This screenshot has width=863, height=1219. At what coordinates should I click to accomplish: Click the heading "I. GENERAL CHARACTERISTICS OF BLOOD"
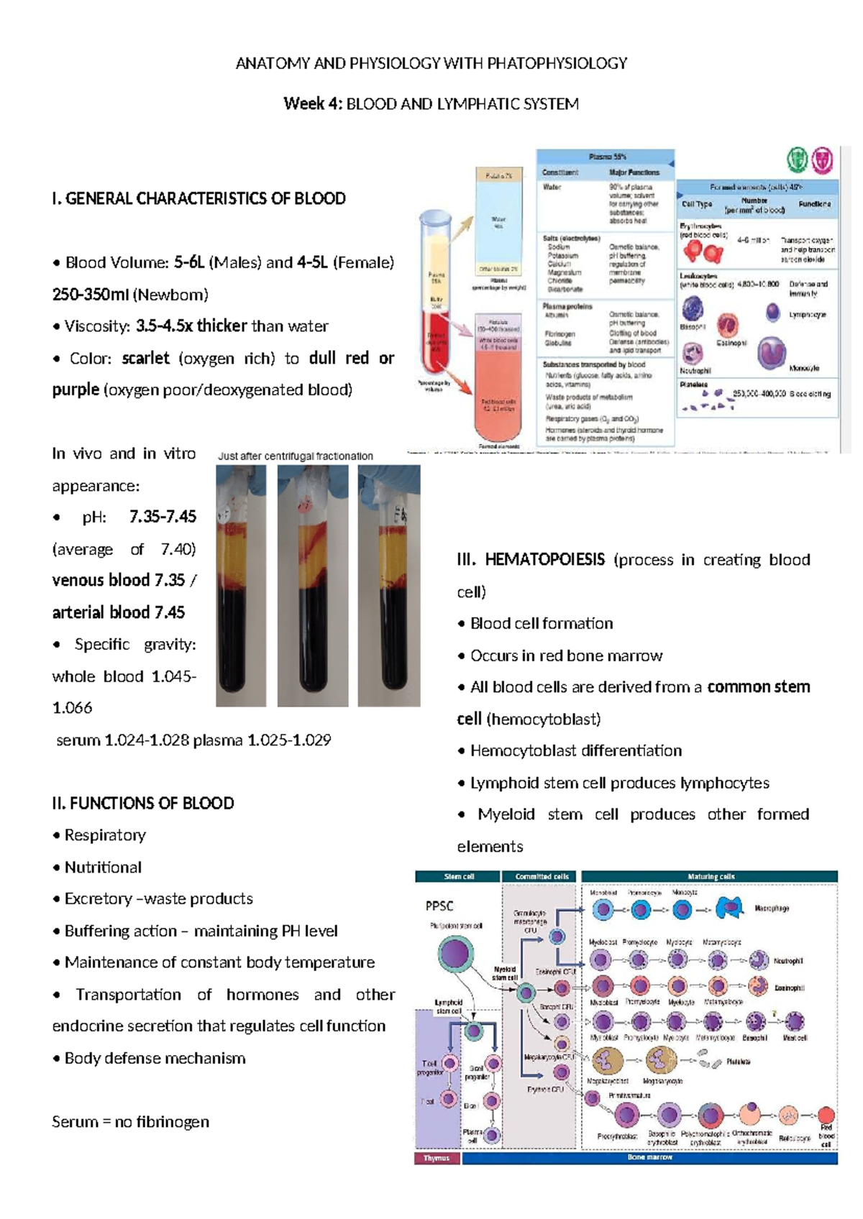point(198,199)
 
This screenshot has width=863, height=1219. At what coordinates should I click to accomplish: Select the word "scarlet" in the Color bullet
point(145,359)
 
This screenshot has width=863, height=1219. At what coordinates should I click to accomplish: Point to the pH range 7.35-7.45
point(163,517)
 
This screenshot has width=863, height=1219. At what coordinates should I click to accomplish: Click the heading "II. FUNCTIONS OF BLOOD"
point(142,804)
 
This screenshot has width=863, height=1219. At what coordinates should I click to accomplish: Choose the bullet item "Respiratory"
point(105,835)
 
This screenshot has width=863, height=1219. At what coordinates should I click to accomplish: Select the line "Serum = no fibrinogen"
point(130,1122)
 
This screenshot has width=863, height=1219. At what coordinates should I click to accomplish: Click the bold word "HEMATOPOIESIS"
point(544,560)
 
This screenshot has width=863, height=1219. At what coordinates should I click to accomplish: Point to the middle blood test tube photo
point(313,586)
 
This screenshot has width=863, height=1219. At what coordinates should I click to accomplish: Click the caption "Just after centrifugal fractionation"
point(295,456)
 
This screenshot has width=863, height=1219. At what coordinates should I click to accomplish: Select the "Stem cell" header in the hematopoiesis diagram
point(459,877)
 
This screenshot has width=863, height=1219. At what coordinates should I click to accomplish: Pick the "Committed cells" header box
point(542,877)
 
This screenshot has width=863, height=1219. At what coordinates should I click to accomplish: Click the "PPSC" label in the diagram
point(439,906)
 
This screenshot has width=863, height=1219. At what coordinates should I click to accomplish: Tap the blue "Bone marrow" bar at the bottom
point(649,1158)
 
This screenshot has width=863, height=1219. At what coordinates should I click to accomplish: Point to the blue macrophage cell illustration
point(729,908)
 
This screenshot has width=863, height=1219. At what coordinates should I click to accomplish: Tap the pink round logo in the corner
point(822,160)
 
